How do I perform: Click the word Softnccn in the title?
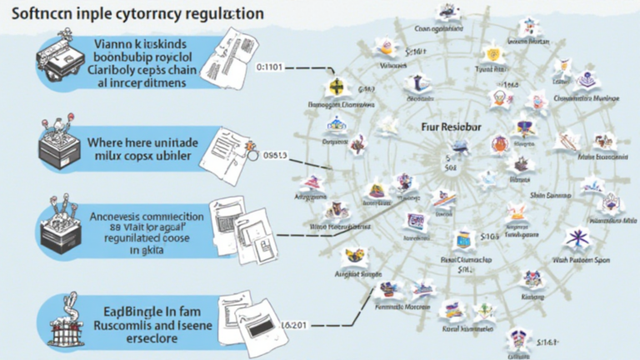pyautogui.click(x=37, y=15)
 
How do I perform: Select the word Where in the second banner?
pyautogui.click(x=107, y=142)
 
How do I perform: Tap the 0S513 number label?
pyautogui.click(x=275, y=154)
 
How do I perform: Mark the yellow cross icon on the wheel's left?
pyautogui.click(x=337, y=88)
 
